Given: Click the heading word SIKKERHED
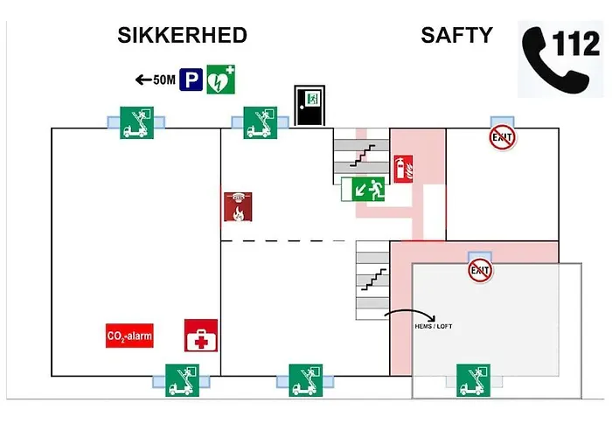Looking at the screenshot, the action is point(182,36).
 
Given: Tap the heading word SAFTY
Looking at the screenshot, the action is point(456,36).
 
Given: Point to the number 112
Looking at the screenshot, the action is point(576,43).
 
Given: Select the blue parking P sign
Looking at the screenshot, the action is point(191,80).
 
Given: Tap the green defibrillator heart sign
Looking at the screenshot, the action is point(220,80).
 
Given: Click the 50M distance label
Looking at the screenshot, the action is point(164,80).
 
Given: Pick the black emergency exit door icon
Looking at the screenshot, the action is point(309,106).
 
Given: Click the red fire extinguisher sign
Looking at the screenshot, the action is point(403,169).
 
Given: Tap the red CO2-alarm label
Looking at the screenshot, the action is point(129,336).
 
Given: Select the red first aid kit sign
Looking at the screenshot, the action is point(201,336).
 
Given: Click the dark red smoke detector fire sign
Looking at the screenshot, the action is point(238,207).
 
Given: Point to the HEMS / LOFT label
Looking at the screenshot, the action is point(434,326).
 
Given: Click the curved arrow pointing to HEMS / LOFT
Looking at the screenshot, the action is point(410,311).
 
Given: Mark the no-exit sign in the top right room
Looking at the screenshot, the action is point(503,137).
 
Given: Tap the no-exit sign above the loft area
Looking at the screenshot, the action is point(480,270).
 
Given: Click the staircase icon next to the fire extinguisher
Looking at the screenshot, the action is point(363,156).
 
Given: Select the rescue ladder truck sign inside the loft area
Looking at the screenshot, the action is point(474,380).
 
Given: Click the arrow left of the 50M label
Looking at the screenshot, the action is point(143,80).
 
